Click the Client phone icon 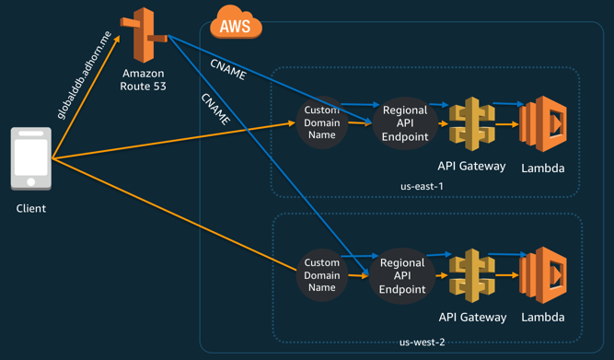pos(31,159)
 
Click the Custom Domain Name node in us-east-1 pos(322,122)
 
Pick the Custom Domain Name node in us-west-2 pos(322,274)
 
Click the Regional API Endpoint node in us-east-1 pos(402,122)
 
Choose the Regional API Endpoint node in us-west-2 pos(402,275)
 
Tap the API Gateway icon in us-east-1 pos(471,123)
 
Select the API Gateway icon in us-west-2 pos(471,276)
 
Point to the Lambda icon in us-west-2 pos(541,275)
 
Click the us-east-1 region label pos(422,186)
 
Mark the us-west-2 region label pos(422,343)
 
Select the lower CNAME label pos(215,109)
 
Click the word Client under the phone pos(31,208)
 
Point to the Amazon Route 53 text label pos(144,79)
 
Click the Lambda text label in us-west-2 pos(542,317)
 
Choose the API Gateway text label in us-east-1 pos(472,166)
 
